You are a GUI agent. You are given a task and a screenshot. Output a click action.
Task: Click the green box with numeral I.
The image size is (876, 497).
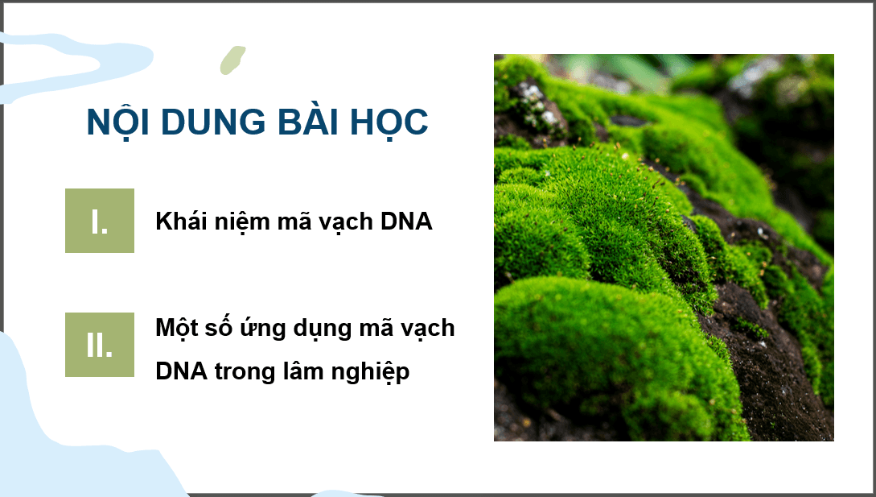[100, 221]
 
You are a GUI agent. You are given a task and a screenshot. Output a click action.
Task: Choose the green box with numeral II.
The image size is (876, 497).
[100, 345]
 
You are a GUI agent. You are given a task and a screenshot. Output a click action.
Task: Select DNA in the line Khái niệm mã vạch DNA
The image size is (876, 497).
[405, 222]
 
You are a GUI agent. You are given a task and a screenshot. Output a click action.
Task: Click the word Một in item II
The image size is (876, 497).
[177, 329]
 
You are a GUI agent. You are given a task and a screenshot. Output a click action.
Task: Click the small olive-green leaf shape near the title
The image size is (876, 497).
[232, 60]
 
